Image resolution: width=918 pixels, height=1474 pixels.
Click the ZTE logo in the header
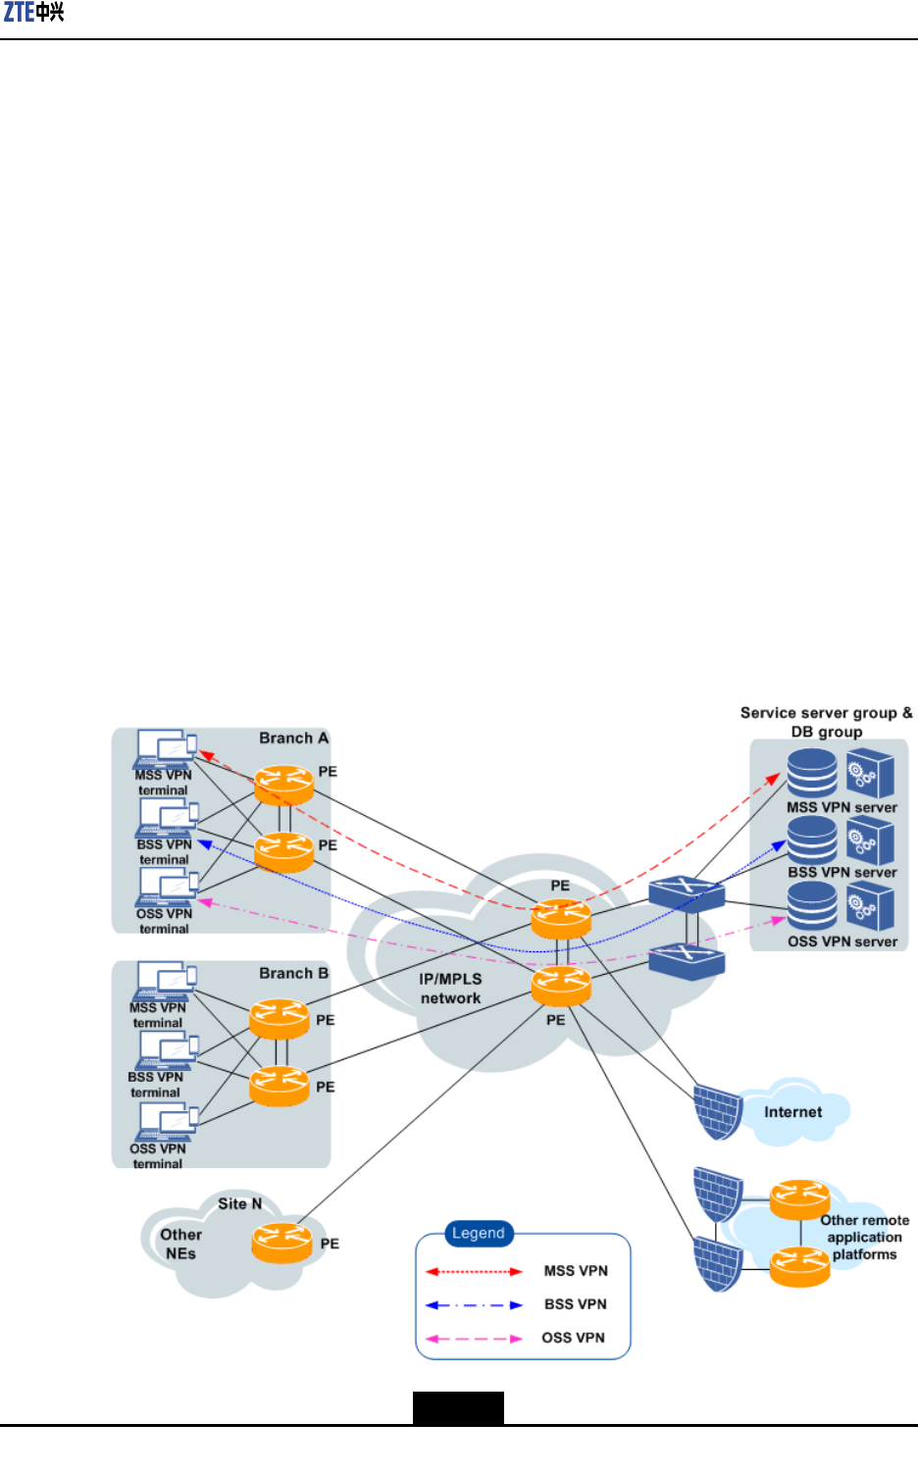coord(33,13)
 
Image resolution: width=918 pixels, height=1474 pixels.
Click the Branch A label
coord(293,738)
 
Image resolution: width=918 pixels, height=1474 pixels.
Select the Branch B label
coord(293,973)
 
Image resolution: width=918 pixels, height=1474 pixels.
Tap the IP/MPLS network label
coord(451,989)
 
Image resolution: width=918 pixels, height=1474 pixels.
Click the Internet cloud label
coord(793,1112)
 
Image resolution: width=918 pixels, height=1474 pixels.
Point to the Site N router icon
coord(281,1243)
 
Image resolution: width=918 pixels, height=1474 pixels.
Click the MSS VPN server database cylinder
coord(812,773)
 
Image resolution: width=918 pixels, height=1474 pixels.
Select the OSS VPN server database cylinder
coord(812,906)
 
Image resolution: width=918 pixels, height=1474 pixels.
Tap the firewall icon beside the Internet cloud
coord(718,1112)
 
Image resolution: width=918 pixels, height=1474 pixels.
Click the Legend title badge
coord(479,1233)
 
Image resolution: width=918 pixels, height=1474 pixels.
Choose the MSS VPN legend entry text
coord(576,1271)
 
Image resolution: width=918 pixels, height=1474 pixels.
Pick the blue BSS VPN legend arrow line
coord(474,1305)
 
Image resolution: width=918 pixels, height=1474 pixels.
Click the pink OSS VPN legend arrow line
coord(474,1339)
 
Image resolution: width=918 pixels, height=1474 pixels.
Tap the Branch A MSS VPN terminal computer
coord(165,749)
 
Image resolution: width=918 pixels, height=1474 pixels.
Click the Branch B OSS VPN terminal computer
coord(166,1122)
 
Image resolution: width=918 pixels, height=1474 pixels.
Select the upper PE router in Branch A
coord(283,785)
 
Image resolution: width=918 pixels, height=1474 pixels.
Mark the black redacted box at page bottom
coord(459,1407)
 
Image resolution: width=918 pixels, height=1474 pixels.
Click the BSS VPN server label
coord(842,873)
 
